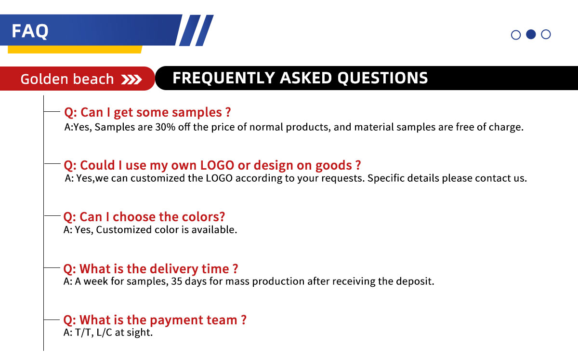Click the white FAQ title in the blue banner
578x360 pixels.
coord(30,31)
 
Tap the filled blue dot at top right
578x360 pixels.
coord(531,34)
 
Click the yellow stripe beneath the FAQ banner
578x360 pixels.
coord(75,49)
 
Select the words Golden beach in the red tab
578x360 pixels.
coord(67,79)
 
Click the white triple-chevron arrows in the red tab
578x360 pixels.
coord(131,80)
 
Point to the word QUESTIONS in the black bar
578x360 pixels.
coord(382,78)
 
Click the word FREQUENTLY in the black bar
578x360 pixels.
coord(223,78)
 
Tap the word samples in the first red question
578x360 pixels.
coord(197,112)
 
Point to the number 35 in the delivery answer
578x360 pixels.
coord(176,281)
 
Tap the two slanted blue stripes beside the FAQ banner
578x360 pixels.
coord(196,30)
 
